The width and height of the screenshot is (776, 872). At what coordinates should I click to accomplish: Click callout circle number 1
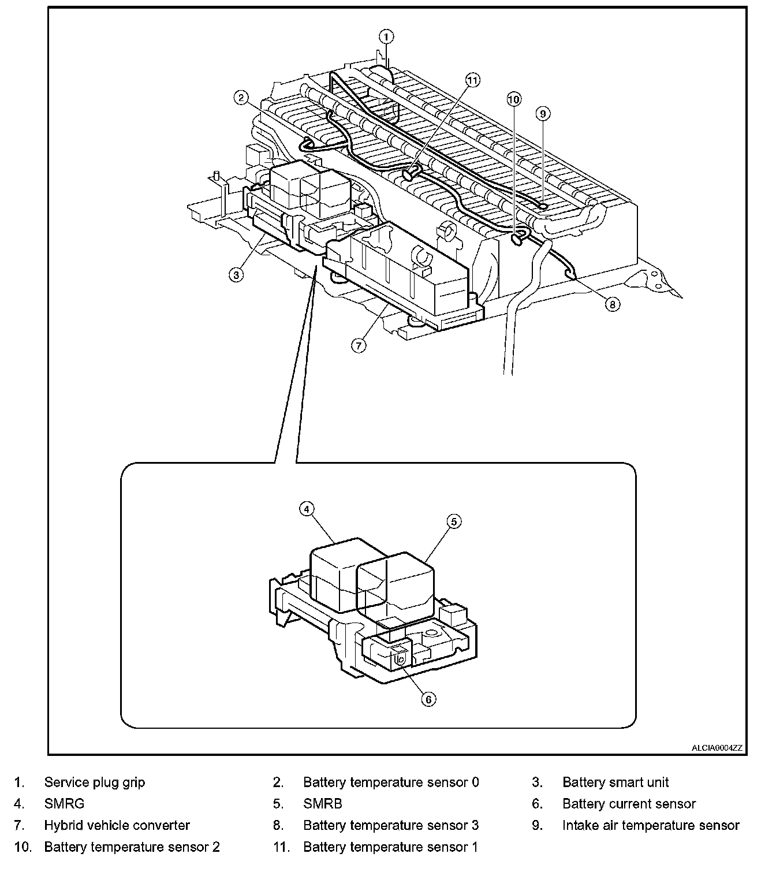tap(386, 37)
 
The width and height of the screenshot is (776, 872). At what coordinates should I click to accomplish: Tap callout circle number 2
tap(241, 98)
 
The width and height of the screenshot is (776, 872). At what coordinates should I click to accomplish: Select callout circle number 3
tap(236, 275)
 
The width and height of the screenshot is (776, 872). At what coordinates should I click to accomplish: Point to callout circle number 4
tap(307, 509)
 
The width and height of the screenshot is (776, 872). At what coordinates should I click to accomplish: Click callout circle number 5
tap(454, 521)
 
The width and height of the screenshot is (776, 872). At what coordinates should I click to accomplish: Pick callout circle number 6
tap(428, 699)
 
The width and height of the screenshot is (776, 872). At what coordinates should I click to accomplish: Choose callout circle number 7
tap(359, 345)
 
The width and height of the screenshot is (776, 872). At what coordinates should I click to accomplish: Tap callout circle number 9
tap(542, 114)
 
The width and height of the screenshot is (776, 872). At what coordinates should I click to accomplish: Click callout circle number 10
tap(514, 99)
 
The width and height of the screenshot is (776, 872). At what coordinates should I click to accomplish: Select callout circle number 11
tap(473, 80)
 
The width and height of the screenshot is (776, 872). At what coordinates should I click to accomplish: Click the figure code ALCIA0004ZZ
tap(717, 748)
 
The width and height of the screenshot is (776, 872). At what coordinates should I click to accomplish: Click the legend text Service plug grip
tap(95, 782)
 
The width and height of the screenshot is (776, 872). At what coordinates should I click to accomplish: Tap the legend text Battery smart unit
tap(615, 782)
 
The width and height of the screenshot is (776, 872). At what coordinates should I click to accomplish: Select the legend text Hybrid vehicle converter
tap(117, 826)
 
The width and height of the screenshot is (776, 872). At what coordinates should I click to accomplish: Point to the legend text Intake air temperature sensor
tap(651, 826)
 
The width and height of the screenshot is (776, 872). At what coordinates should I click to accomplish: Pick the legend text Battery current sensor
tap(629, 804)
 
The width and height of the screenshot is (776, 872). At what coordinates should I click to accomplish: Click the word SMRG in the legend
tap(64, 804)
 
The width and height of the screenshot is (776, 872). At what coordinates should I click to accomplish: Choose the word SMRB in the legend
tap(323, 804)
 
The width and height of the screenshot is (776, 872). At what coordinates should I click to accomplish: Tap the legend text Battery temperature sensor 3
tap(391, 826)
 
